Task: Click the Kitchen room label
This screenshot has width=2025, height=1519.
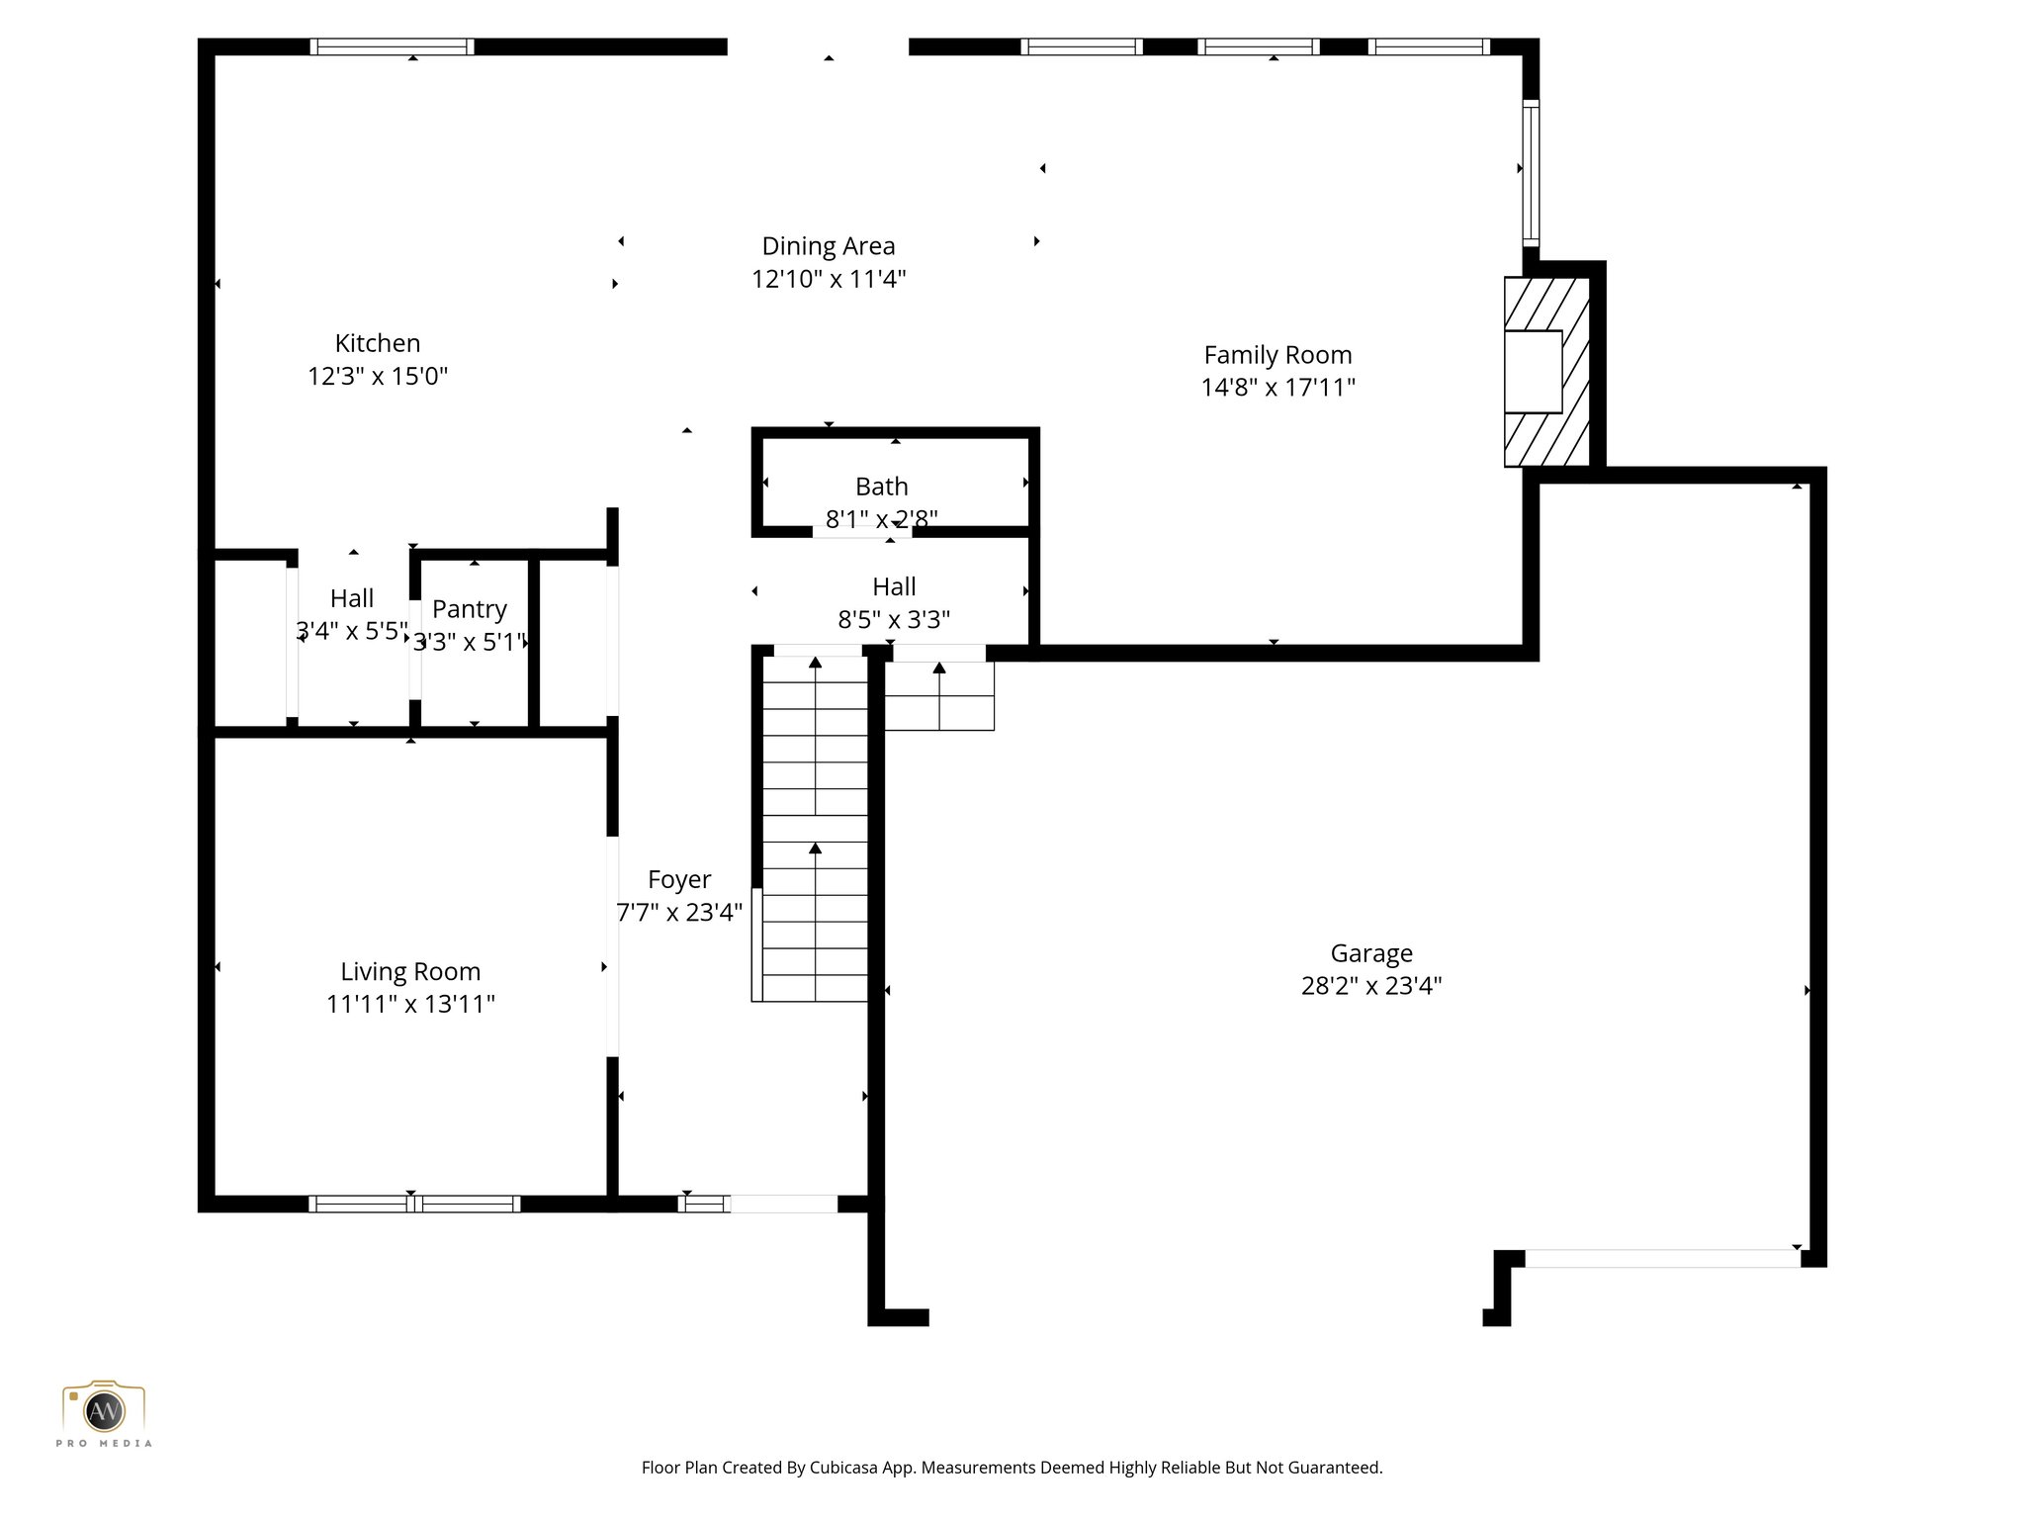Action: point(377,343)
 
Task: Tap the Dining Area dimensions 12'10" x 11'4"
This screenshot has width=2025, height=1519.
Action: point(828,279)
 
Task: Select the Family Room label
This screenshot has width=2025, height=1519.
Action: point(1277,354)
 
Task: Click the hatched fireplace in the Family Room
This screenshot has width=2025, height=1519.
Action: point(1546,372)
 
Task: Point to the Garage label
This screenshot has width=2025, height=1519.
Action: point(1370,953)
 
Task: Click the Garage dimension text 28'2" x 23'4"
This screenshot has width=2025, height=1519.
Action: point(1370,986)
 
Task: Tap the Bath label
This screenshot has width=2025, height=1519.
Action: point(881,487)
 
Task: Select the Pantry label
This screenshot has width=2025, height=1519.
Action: point(469,609)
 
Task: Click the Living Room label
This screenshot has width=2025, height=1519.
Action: point(410,971)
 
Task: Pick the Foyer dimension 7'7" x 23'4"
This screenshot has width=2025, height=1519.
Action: point(679,912)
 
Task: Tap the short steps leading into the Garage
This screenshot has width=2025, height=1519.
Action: point(938,696)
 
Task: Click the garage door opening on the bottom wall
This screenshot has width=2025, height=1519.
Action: point(1661,1258)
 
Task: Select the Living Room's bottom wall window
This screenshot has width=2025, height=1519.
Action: point(413,1204)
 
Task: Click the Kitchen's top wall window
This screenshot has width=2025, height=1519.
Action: point(392,46)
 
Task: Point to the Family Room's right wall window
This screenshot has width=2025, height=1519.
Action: point(1530,172)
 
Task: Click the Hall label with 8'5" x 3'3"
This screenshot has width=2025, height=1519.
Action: point(894,586)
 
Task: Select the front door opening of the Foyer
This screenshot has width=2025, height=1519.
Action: point(783,1204)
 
